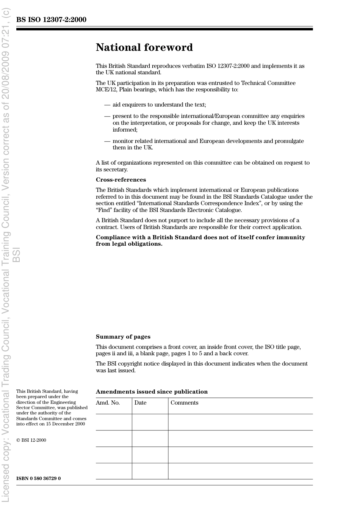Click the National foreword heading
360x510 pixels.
(144, 47)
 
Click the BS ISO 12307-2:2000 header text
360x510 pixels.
(51, 20)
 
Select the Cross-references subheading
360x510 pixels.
(121, 180)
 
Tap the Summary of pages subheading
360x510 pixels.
(123, 337)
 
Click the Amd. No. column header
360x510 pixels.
(108, 403)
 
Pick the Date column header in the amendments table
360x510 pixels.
(140, 403)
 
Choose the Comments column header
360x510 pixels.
(184, 403)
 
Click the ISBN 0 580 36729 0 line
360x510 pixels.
(38, 479)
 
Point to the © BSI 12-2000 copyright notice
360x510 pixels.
(31, 440)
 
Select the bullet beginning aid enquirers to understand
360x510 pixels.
(159, 105)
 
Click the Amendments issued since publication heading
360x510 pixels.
(152, 392)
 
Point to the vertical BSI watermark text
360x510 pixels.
(16, 255)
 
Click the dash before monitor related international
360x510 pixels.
(107, 141)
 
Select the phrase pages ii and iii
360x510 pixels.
(111, 353)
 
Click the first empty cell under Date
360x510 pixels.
(150, 422)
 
